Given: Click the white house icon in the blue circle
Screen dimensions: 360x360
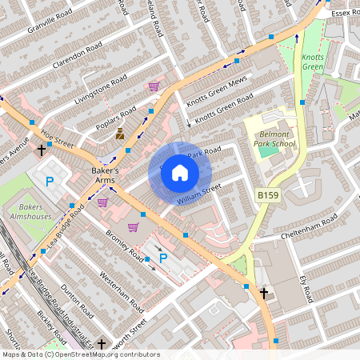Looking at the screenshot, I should (x=180, y=172).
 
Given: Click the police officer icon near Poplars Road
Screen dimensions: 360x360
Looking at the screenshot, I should (x=120, y=134).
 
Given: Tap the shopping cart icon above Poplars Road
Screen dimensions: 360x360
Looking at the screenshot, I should (x=154, y=86).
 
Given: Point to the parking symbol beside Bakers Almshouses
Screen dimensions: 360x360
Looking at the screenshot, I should (x=50, y=182).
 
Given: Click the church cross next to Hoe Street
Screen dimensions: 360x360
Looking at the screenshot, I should (x=41, y=150).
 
